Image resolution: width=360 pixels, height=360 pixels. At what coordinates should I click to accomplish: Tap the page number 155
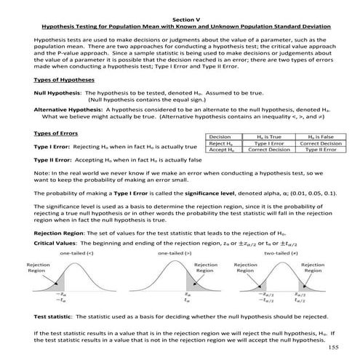coord(334,348)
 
